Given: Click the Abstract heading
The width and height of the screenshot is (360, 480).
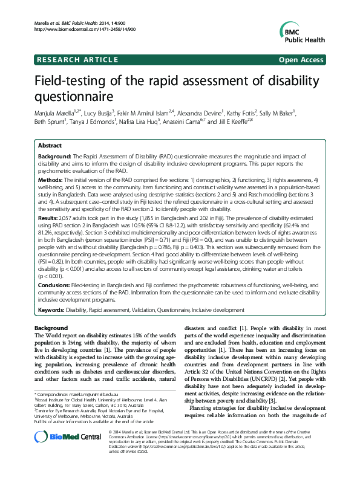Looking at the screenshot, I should coord(50,146).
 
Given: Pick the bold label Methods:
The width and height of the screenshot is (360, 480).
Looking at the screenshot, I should coord(52,181).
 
